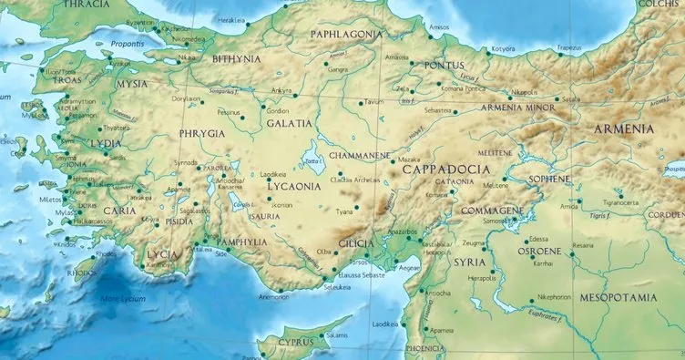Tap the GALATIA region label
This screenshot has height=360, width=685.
pyautogui.click(x=289, y=123)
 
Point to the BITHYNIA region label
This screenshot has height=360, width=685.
pyautogui.click(x=236, y=59)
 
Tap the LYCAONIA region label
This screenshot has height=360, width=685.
pyautogui.click(x=292, y=187)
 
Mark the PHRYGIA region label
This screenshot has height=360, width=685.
pyautogui.click(x=202, y=133)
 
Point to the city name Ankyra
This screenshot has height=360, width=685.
pyautogui.click(x=281, y=90)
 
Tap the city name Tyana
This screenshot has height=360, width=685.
pyautogui.click(x=344, y=211)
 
